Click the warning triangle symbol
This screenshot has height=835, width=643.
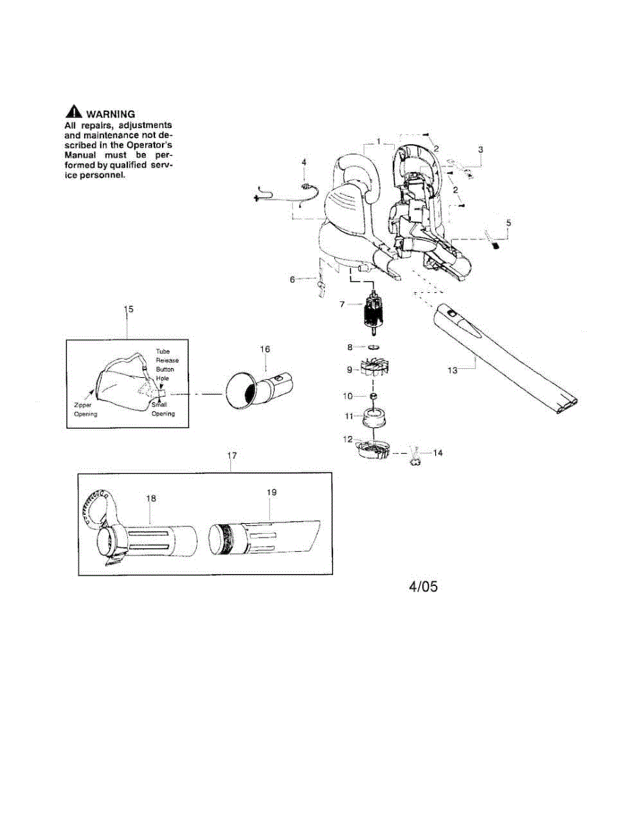click(72, 111)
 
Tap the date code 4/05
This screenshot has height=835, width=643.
click(423, 587)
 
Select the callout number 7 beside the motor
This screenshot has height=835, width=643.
click(341, 304)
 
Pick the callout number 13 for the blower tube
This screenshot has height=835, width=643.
click(453, 370)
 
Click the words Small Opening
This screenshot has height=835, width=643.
click(163, 409)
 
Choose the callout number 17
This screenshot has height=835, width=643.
click(232, 455)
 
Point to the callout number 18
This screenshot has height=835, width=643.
click(151, 498)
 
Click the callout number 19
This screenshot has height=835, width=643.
click(272, 491)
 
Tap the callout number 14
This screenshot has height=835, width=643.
click(437, 453)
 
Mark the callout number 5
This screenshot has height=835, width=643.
click(508, 223)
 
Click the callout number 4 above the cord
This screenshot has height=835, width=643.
click(303, 161)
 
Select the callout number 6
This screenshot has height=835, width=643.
click(293, 279)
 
